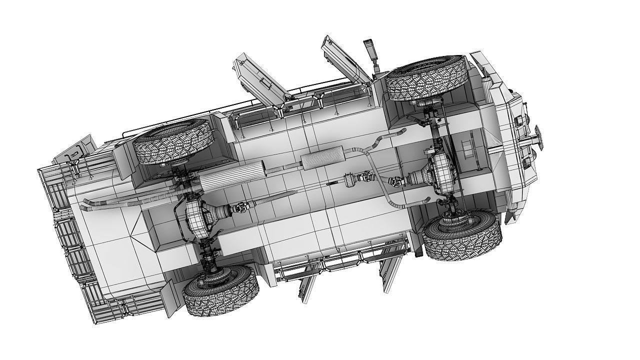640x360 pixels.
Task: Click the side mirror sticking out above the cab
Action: [370, 49]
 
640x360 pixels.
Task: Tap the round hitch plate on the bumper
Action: [539, 136]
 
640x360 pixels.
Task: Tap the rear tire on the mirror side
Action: [173, 142]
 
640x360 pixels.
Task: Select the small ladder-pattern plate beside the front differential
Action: [468, 148]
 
